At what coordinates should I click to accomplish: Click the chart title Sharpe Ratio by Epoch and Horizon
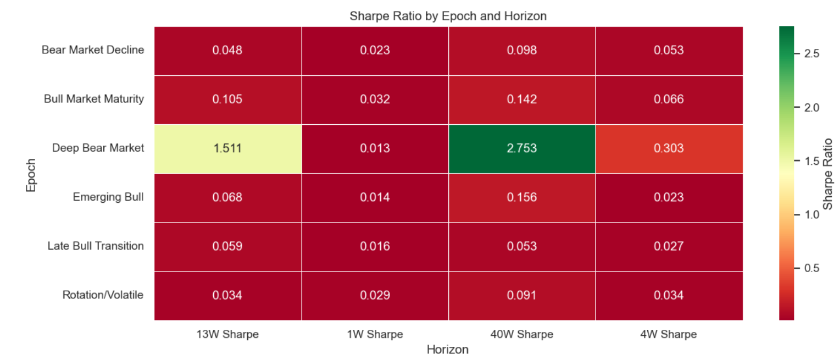[x=448, y=16]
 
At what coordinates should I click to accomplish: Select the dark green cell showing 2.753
[x=522, y=148]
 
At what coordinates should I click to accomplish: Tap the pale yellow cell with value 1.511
[x=227, y=148]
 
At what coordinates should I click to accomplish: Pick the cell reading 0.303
[x=669, y=148]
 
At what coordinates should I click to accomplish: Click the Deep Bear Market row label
[x=98, y=148]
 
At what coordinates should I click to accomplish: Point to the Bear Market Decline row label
[x=93, y=50]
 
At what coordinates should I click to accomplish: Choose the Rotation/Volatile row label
[x=103, y=295]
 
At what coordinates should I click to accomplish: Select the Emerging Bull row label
[x=108, y=197]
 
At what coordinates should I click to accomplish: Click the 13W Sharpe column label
[x=227, y=334]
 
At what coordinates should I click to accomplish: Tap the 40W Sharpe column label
[x=522, y=334]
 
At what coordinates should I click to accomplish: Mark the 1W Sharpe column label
[x=375, y=334]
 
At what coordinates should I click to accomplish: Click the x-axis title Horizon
[x=448, y=350]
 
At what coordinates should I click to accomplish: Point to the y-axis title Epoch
[x=31, y=175]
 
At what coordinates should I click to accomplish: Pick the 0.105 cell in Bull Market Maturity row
[x=227, y=99]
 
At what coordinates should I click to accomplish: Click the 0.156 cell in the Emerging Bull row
[x=522, y=197]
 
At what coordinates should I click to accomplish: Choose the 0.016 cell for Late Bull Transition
[x=375, y=246]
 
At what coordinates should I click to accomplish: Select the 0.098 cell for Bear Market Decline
[x=522, y=51]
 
